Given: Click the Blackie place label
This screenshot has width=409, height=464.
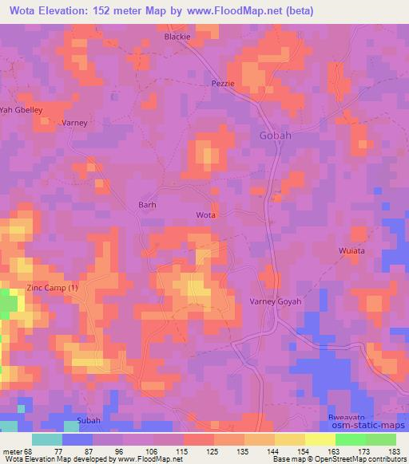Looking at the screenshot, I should [177, 37].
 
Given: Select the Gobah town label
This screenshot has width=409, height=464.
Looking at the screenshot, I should [276, 136].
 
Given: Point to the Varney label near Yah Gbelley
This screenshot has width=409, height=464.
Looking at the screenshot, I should [74, 123].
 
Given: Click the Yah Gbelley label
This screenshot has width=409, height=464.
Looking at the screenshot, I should [22, 109].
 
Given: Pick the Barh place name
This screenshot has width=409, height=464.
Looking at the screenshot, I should [148, 204].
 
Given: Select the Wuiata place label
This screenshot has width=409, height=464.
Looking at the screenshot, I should [351, 250].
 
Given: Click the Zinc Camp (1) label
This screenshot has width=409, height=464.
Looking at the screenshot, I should [52, 287].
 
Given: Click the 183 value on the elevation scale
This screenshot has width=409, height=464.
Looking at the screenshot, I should [395, 450].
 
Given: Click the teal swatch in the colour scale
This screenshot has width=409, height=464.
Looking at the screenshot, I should [47, 439].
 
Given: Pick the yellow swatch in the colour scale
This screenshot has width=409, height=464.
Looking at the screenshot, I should [320, 439].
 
